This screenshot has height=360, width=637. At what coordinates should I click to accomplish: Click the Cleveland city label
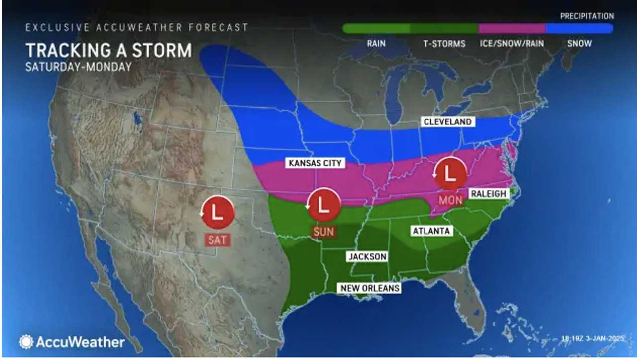tap(447, 122)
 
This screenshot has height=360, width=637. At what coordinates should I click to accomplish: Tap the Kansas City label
tap(316, 163)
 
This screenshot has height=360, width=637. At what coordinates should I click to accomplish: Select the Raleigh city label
tap(489, 194)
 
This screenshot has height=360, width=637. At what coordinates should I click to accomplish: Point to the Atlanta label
tap(431, 231)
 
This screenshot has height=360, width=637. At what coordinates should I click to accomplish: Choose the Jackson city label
tap(367, 256)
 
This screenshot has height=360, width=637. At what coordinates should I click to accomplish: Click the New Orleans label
tap(370, 288)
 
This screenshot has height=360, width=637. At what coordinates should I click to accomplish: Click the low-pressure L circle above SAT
tap(217, 212)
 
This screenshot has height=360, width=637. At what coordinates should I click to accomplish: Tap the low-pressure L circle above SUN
tap(323, 204)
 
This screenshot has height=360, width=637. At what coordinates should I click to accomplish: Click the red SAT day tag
tap(217, 240)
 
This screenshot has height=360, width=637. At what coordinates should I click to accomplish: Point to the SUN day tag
tap(323, 232)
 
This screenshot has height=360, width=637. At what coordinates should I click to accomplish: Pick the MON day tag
tap(450, 201)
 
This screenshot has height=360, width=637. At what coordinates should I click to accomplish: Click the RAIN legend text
tap(376, 43)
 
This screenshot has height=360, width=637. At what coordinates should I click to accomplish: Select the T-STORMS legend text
tap(444, 43)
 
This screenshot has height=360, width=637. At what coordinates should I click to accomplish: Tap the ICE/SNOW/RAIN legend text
tap(512, 43)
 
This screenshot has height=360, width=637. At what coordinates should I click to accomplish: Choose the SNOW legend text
tap(579, 43)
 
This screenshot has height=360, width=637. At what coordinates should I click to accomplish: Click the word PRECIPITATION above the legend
tap(587, 16)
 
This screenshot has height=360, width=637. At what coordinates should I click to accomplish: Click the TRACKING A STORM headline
tap(108, 51)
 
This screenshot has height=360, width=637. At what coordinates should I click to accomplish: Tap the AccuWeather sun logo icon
tap(26, 342)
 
